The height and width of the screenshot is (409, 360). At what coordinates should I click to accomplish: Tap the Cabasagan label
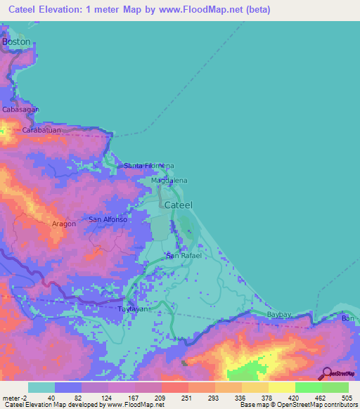[x=21, y=110]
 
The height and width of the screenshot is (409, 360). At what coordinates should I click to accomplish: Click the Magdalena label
[x=169, y=181]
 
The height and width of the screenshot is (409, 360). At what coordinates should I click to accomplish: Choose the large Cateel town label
[x=178, y=204]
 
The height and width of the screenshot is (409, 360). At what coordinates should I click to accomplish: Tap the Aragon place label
[x=64, y=223]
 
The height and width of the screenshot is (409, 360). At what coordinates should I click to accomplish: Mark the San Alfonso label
[x=108, y=220]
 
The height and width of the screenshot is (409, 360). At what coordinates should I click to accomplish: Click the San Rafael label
[x=184, y=256]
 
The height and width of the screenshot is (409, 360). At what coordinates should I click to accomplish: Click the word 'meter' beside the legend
[x=11, y=398]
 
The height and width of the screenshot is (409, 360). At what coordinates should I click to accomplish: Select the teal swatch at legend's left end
[x=41, y=387]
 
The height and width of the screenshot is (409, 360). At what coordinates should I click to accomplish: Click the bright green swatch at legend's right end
[x=335, y=387]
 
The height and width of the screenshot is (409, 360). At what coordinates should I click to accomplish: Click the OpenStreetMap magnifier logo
[x=327, y=374]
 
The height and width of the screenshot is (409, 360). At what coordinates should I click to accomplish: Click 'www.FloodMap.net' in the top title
[x=198, y=10]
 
